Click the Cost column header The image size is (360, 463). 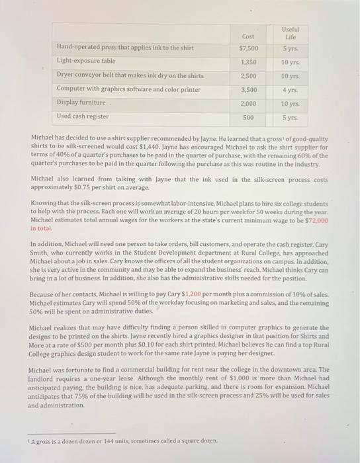click(x=248, y=36)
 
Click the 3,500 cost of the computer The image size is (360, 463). click(x=248, y=89)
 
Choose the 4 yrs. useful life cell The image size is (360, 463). click(x=290, y=89)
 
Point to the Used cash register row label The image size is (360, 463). click(x=83, y=116)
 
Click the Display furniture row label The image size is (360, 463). click(x=81, y=103)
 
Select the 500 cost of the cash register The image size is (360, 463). click(x=248, y=117)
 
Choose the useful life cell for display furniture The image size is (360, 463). click(x=290, y=103)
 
